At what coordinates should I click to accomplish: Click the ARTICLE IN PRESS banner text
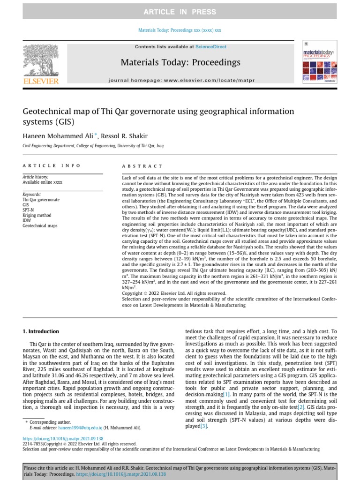click(180, 12)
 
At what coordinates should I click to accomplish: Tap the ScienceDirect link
click(210, 47)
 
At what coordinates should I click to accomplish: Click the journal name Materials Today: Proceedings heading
click(180, 62)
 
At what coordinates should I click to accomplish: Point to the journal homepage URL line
click(181, 81)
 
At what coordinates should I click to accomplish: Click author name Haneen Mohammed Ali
click(58, 135)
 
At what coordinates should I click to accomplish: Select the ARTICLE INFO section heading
click(52, 166)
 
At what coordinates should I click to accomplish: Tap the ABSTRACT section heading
click(142, 166)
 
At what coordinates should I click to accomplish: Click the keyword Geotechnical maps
click(40, 226)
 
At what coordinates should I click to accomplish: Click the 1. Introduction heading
click(41, 331)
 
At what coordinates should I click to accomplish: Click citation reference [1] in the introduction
click(227, 395)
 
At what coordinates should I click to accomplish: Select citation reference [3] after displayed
click(204, 427)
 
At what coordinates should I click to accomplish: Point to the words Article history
click(35, 177)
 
